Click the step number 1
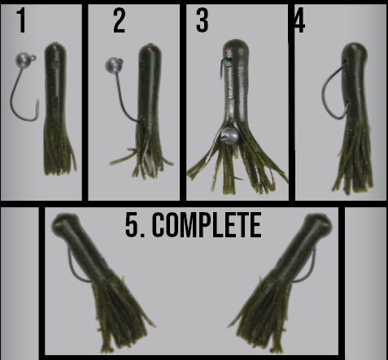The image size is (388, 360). (x=21, y=20)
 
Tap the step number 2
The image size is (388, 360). (x=120, y=20)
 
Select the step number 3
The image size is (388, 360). (x=203, y=20)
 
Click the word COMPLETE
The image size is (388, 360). (x=207, y=225)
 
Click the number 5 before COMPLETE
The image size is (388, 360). (x=132, y=225)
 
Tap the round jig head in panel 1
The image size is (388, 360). (x=23, y=60)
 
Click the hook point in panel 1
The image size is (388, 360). (x=37, y=102)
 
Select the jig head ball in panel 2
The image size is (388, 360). (x=112, y=65)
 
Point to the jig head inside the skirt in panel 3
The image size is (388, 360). (x=230, y=135)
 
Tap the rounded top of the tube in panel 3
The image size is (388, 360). (x=236, y=46)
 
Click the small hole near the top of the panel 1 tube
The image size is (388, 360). (x=55, y=64)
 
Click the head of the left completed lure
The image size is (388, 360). (x=64, y=226)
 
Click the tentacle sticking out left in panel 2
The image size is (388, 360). (x=124, y=157)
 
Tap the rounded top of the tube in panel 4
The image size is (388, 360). (x=355, y=49)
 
